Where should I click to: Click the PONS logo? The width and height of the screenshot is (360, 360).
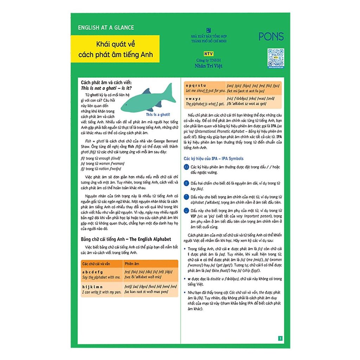(x=271, y=36)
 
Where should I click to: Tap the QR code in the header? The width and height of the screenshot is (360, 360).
(x=275, y=57)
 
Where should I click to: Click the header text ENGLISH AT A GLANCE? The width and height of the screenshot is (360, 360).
(x=106, y=27)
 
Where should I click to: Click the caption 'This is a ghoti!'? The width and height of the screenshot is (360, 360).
(x=157, y=115)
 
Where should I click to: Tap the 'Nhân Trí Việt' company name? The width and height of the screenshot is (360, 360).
(x=208, y=66)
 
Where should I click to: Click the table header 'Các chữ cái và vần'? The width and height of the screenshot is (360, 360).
(x=97, y=263)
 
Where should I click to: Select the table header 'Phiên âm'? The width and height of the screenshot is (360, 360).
(x=132, y=263)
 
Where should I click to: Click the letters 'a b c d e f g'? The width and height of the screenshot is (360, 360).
(x=92, y=272)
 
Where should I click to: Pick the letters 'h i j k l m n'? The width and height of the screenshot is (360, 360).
(x=92, y=287)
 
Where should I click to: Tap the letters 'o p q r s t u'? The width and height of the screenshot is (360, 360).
(x=196, y=85)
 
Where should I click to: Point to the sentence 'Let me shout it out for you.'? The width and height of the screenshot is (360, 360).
(x=205, y=91)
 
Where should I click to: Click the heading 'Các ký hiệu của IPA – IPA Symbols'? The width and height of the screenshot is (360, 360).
(x=213, y=159)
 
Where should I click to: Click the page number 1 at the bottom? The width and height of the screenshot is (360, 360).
(x=280, y=339)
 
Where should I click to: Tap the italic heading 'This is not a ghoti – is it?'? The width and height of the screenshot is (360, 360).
(x=106, y=88)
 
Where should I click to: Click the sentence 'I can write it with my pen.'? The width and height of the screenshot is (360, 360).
(x=101, y=292)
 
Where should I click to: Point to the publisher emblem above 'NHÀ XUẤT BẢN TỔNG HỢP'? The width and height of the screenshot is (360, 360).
(x=208, y=30)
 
